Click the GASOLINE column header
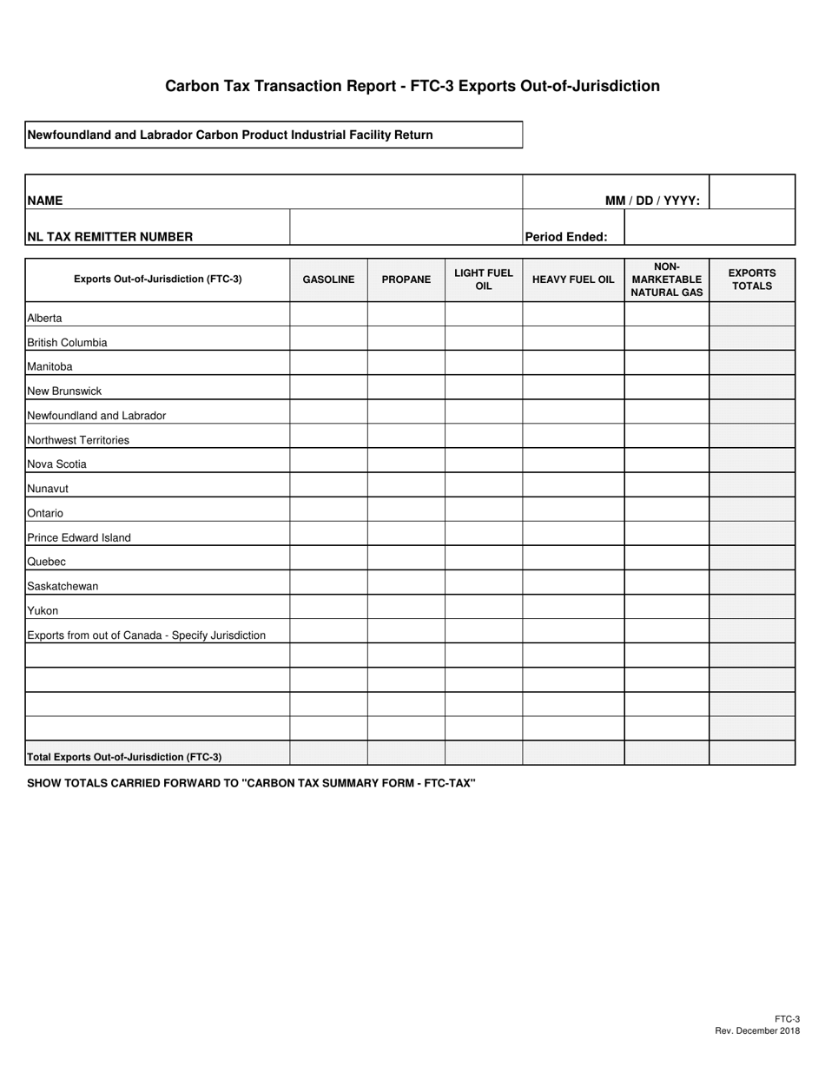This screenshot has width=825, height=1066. (x=328, y=280)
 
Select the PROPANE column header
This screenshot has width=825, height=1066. (x=406, y=280)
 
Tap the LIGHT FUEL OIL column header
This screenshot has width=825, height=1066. (x=484, y=280)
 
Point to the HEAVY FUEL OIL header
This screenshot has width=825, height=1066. (x=573, y=280)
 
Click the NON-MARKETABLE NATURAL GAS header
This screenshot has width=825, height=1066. (x=667, y=280)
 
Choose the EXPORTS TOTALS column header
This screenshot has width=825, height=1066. (x=752, y=280)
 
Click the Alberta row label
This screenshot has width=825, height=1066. (x=45, y=319)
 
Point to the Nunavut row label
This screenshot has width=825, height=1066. (x=48, y=489)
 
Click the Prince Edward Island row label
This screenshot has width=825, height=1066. (x=79, y=537)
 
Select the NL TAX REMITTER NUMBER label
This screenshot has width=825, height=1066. (x=110, y=236)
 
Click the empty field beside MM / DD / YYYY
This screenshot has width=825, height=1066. (x=752, y=192)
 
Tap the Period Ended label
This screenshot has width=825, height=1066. (x=566, y=236)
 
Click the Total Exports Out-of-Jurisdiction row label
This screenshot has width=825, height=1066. (x=124, y=757)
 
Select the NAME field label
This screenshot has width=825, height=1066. (x=45, y=201)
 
